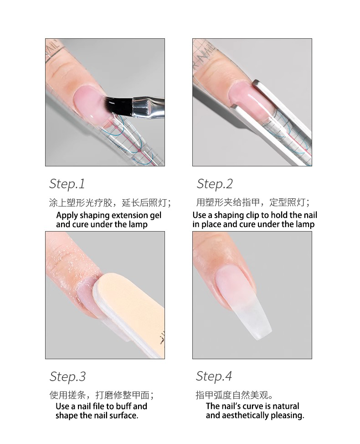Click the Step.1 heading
(67, 184)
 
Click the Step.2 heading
(215, 184)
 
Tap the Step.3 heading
(67, 377)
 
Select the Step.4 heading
(214, 376)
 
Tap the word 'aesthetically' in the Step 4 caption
(246, 415)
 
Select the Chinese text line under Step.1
(110, 202)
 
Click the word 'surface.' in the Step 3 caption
(123, 415)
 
